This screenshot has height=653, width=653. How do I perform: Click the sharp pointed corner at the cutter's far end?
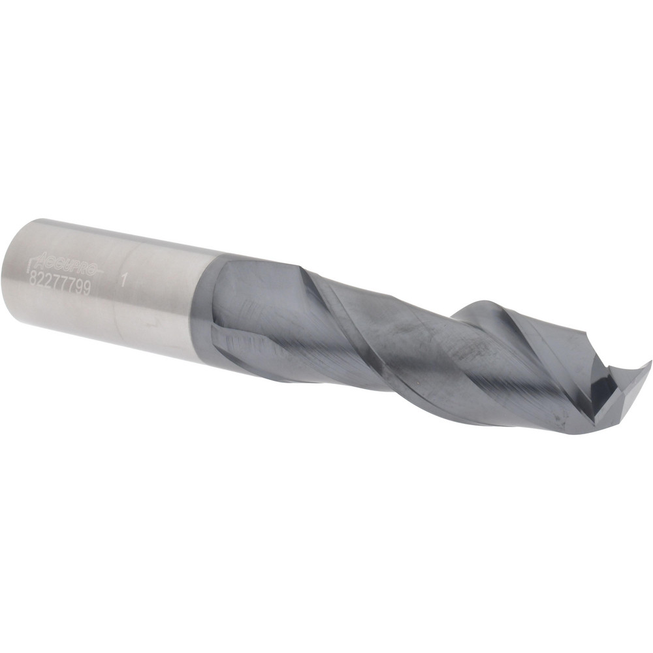[x=649, y=362]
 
